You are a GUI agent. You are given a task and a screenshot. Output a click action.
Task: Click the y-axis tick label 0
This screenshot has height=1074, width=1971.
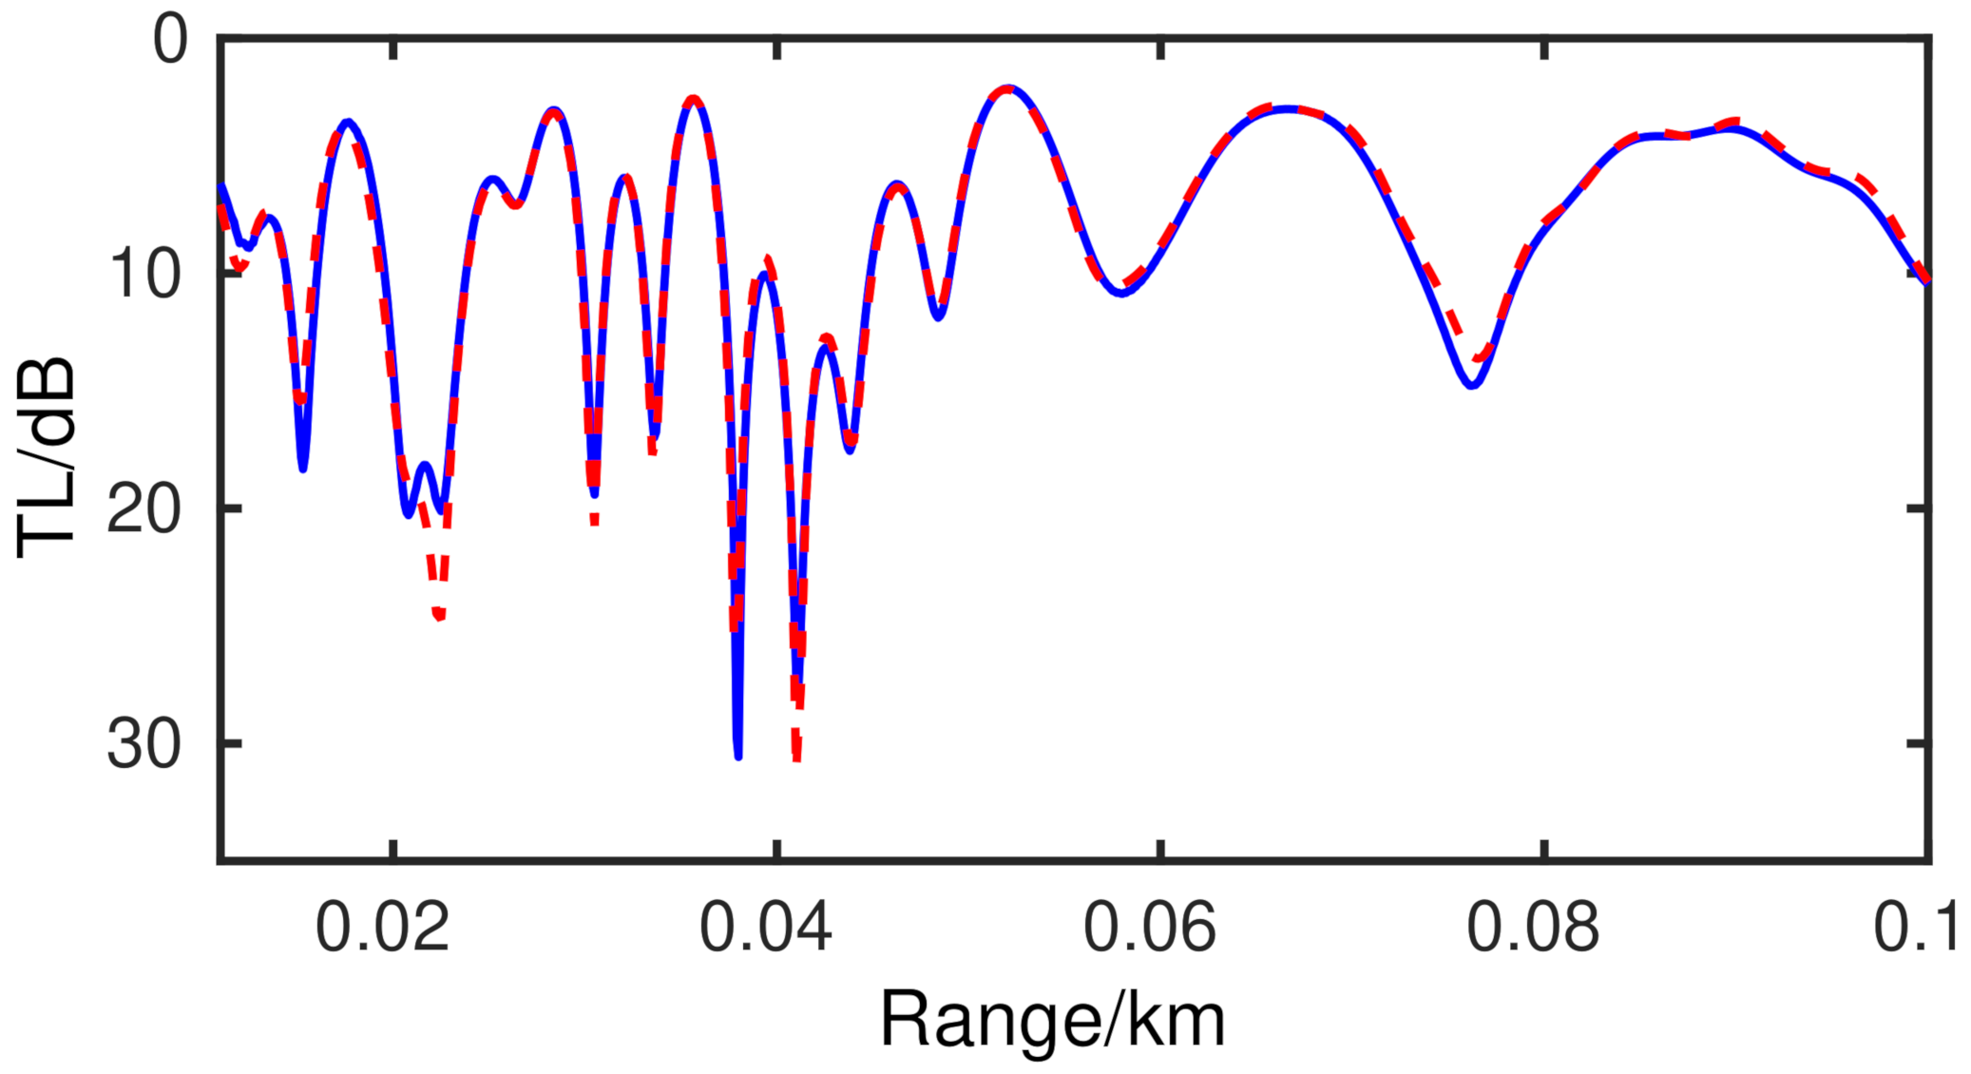pyautogui.click(x=171, y=42)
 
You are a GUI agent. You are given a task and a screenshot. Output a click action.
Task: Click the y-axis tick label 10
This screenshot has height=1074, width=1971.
pyautogui.click(x=144, y=275)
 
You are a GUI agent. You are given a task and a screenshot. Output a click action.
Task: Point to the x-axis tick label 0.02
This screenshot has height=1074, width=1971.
pyautogui.click(x=382, y=928)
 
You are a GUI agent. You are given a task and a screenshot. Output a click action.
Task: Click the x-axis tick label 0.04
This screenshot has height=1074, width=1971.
pyautogui.click(x=766, y=928)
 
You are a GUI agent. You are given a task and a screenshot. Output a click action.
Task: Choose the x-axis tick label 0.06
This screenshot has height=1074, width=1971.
pyautogui.click(x=1150, y=928)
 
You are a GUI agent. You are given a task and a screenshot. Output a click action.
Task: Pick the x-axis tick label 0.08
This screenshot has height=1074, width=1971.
pyautogui.click(x=1534, y=928)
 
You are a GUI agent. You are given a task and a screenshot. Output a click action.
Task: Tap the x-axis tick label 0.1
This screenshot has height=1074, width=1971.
pyautogui.click(x=1916, y=928)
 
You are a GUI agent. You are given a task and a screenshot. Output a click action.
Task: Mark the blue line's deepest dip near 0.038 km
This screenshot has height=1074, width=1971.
pyautogui.click(x=738, y=756)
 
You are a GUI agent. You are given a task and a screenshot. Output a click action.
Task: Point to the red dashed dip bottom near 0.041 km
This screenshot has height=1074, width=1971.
pyautogui.click(x=797, y=758)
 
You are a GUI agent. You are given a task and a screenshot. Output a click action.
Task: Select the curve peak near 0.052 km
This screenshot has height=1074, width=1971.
pyautogui.click(x=1008, y=88)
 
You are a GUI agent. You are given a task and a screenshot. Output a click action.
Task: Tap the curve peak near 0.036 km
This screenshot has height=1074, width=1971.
pyautogui.click(x=695, y=99)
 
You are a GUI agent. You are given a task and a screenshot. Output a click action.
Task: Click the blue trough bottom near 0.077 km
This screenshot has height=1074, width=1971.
pyautogui.click(x=1472, y=385)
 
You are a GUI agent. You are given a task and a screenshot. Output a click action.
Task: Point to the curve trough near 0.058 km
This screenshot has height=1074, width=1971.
pyautogui.click(x=1122, y=292)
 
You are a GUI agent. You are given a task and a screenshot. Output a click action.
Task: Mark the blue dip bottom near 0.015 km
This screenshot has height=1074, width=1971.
pyautogui.click(x=303, y=468)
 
